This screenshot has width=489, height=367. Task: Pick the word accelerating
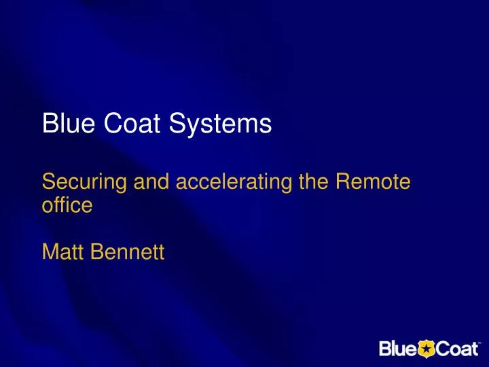pyautogui.click(x=231, y=183)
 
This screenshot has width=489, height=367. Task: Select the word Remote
pyautogui.click(x=376, y=182)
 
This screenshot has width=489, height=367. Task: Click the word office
pyautogui.click(x=66, y=205)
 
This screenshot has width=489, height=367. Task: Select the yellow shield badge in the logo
pyautogui.click(x=424, y=349)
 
